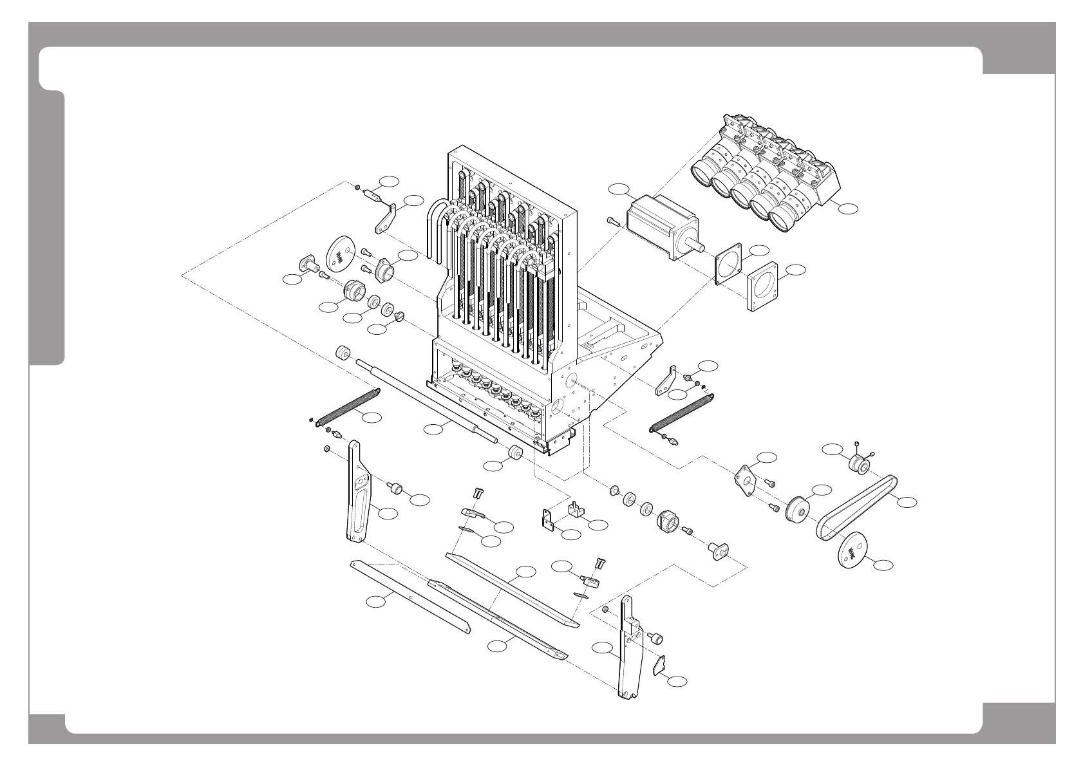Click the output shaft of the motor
click(x=695, y=245)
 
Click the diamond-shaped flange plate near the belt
click(x=747, y=480)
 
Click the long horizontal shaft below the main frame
click(x=425, y=402)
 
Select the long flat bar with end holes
click(x=410, y=595)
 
